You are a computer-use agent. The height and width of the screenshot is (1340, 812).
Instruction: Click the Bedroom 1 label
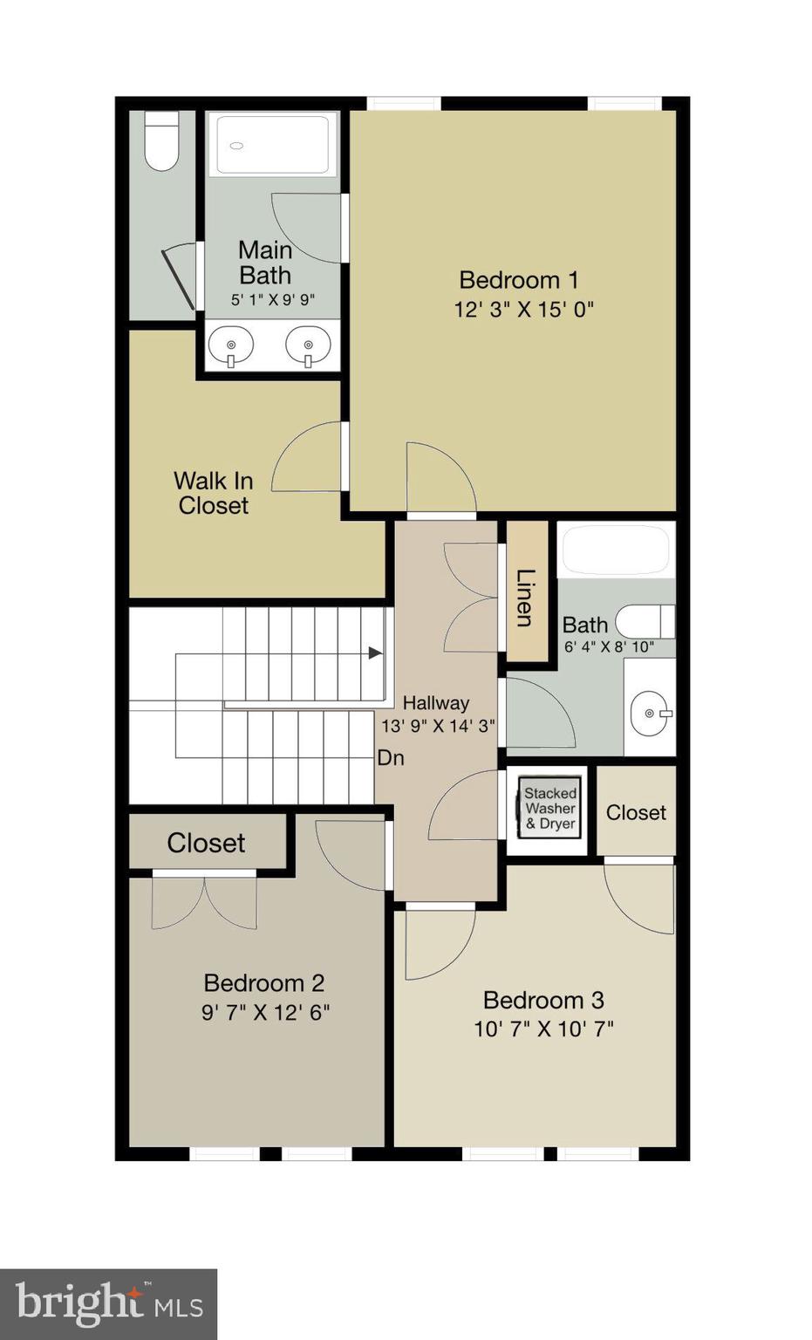click(x=518, y=280)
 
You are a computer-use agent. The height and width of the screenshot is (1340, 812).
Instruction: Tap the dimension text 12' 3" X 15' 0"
click(x=523, y=310)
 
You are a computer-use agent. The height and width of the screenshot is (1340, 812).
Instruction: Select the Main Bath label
click(x=265, y=263)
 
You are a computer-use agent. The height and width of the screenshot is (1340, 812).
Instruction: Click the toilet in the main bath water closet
click(x=161, y=140)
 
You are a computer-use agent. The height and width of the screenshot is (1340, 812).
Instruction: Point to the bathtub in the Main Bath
click(x=273, y=144)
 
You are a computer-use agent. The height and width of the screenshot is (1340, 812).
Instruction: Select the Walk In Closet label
click(x=213, y=493)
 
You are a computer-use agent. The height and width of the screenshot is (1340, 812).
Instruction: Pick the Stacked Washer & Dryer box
click(x=549, y=808)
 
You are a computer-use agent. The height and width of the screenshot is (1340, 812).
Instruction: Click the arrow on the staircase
click(x=375, y=653)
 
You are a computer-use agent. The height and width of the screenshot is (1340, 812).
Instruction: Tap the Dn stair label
click(x=391, y=758)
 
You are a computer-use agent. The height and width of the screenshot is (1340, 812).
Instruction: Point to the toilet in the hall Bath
click(x=644, y=622)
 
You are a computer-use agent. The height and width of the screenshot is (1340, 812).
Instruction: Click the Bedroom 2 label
click(x=263, y=983)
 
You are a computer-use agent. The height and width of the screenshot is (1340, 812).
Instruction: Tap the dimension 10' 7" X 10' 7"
click(x=543, y=1029)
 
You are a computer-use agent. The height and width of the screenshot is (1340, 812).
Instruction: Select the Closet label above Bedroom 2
click(x=206, y=843)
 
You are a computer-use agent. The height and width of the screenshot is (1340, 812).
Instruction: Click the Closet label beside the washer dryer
click(x=636, y=812)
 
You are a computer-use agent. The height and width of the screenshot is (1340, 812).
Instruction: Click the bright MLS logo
click(x=108, y=1304)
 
